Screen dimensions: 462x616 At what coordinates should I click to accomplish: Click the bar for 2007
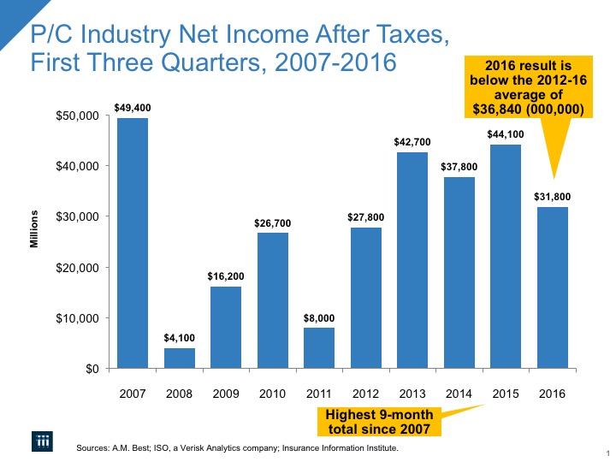133,244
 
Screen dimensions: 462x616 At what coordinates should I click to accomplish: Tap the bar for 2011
318,348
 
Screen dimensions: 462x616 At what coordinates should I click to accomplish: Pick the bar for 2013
412,261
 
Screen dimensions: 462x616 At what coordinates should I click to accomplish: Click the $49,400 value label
132,109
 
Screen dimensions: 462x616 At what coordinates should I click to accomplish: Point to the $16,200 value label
225,276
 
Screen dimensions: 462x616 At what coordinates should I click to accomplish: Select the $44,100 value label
505,135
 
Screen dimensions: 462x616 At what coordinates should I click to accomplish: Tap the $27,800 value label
365,217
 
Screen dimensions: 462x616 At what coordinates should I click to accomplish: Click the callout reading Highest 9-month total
380,421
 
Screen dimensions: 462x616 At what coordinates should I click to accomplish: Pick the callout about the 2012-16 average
528,87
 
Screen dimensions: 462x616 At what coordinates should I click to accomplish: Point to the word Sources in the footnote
95,447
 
